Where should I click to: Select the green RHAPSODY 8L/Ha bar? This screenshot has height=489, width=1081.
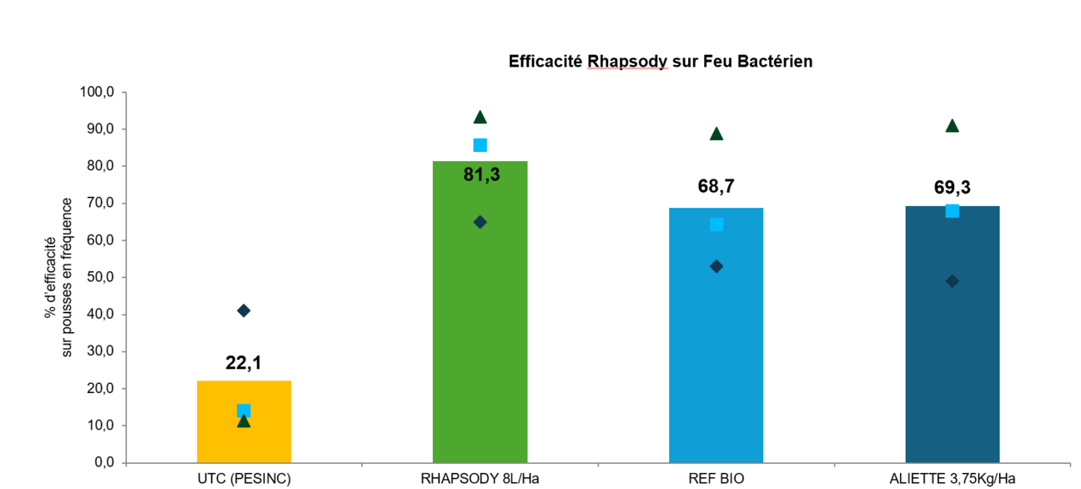[x=480, y=334]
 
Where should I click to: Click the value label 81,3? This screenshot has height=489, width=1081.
[x=481, y=174]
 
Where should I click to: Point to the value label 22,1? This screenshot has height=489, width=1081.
[x=244, y=363]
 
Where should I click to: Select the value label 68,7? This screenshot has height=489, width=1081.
[x=716, y=186]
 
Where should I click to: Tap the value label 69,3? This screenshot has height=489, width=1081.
[x=952, y=188]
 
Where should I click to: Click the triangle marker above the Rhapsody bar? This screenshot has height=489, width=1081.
[x=480, y=117]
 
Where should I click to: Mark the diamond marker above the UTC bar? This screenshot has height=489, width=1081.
[x=244, y=310]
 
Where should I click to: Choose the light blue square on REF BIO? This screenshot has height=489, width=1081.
[x=716, y=224]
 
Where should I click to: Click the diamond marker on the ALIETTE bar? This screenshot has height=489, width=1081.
[x=952, y=281]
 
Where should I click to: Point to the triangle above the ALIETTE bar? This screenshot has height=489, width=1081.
[x=952, y=126]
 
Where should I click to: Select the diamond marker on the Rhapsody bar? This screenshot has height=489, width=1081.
[x=480, y=222]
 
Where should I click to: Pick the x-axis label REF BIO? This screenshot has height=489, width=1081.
[x=716, y=478]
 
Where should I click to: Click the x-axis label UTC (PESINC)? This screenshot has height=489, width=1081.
[x=244, y=478]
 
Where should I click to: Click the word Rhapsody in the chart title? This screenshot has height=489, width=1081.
[x=627, y=61]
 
